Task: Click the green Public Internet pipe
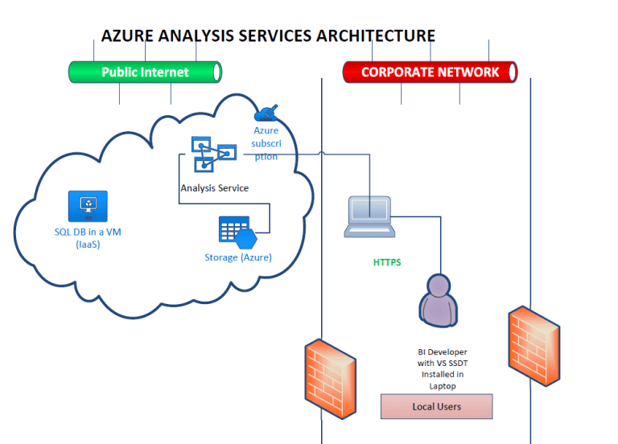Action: tap(145, 72)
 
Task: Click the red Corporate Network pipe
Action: tap(430, 72)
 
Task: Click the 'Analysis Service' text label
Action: tap(214, 188)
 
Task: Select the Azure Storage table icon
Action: tap(237, 231)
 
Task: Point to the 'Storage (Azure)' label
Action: tap(238, 257)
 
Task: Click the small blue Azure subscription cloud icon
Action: tap(266, 113)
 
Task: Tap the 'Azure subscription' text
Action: tap(266, 143)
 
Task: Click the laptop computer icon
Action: tap(369, 216)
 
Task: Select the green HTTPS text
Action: tap(387, 262)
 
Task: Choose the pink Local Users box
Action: tap(436, 406)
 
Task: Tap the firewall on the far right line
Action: tap(530, 341)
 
